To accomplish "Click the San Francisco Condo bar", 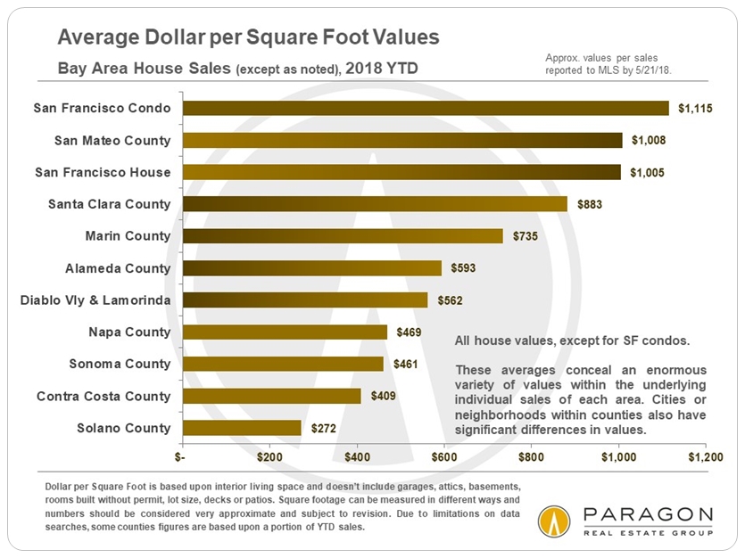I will tap(426, 108).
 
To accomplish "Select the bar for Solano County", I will tap(242, 428).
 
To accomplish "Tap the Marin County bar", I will tap(343, 236).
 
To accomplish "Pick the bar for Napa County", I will tap(286, 332).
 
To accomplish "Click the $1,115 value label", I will tap(696, 109).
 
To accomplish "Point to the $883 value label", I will tap(591, 204).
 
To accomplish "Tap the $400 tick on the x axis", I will tap(357, 455).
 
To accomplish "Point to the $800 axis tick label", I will tap(531, 455).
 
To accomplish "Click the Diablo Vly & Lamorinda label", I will tap(95, 300).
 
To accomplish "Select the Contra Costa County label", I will tap(103, 396).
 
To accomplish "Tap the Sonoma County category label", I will tap(120, 364).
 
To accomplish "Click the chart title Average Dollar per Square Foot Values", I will tap(248, 37).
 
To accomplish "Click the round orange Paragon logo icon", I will tap(555, 521).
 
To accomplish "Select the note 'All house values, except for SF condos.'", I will tap(566, 341).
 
